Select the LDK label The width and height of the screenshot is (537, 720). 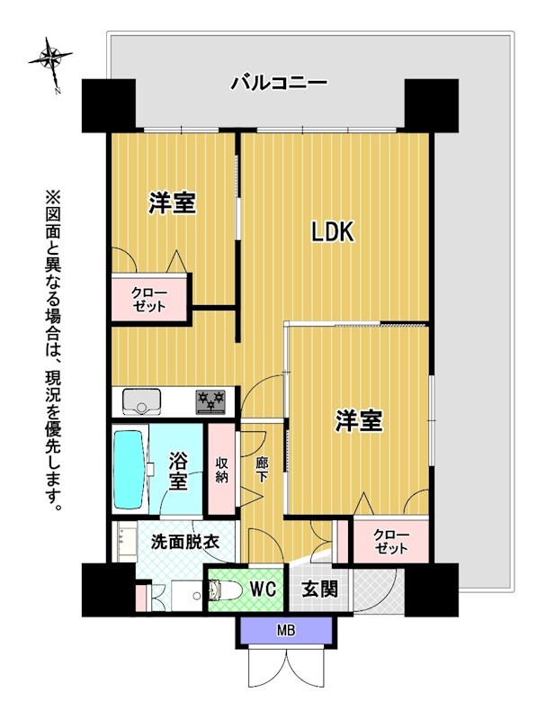click(333, 232)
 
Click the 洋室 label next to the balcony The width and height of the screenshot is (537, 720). click(173, 204)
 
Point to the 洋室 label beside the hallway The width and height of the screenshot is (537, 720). click(360, 420)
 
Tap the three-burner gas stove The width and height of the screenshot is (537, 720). click(212, 400)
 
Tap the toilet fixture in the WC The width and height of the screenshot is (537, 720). click(221, 590)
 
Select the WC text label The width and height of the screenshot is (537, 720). click(262, 590)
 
